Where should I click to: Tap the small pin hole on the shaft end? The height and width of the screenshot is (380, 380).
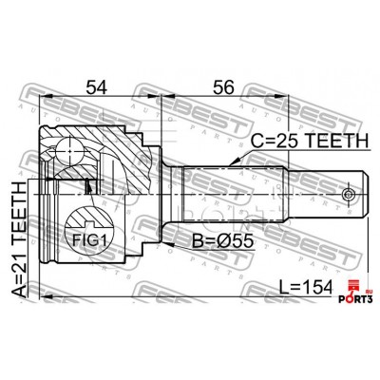pyautogui.click(x=353, y=196)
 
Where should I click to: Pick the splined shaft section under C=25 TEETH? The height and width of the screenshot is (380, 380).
pyautogui.click(x=233, y=195)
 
